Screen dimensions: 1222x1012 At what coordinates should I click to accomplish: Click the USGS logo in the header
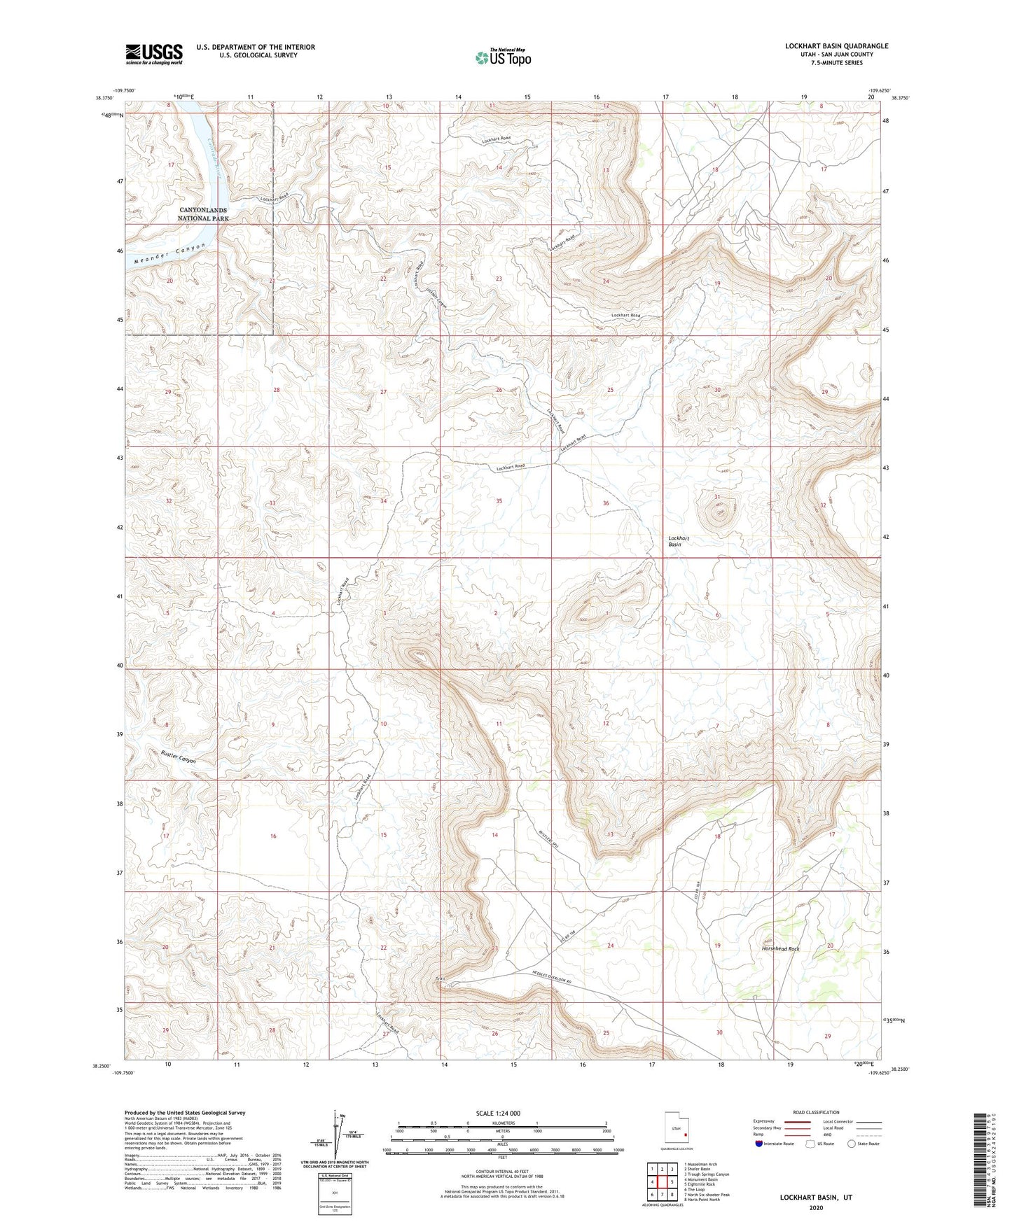point(154,54)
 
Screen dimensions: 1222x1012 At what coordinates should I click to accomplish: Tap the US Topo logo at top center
point(502,57)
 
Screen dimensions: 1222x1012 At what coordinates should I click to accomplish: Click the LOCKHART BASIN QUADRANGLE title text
point(836,46)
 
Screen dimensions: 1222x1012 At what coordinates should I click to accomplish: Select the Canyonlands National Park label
point(203,214)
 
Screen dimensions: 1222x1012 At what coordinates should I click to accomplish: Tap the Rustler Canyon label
point(179,758)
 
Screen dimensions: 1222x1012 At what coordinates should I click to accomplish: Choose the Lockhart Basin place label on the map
point(679,541)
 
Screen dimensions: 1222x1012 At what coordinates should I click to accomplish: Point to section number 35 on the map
point(499,501)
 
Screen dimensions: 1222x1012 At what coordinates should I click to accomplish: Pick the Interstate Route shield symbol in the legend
point(760,1144)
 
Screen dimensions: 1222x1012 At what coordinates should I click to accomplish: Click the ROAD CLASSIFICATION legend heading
point(816,1112)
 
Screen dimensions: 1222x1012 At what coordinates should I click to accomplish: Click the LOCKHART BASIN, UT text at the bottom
point(816,1198)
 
